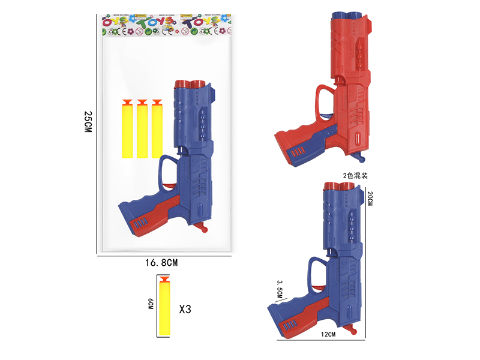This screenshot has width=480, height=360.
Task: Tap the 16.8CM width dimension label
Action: coord(161,262)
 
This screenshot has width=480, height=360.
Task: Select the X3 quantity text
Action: coord(185,310)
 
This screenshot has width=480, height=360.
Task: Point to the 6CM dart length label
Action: coord(151,304)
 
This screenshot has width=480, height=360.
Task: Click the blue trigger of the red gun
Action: coord(360,157)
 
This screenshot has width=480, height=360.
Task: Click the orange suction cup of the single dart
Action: coord(165,278)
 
